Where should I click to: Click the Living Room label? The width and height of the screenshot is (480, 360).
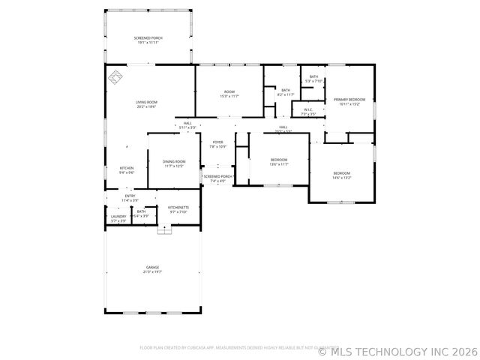146,104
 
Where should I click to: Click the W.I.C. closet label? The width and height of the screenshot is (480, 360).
308,112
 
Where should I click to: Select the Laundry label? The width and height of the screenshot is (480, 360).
118,218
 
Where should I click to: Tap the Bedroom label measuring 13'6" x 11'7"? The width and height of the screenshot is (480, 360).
279,161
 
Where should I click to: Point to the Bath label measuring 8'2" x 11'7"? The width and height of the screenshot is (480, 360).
286,92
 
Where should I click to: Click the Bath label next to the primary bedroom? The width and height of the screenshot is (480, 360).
313,79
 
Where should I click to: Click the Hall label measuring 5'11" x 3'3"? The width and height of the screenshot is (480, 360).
187,125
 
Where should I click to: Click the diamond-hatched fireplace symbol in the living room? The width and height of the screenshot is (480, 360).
116,76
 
